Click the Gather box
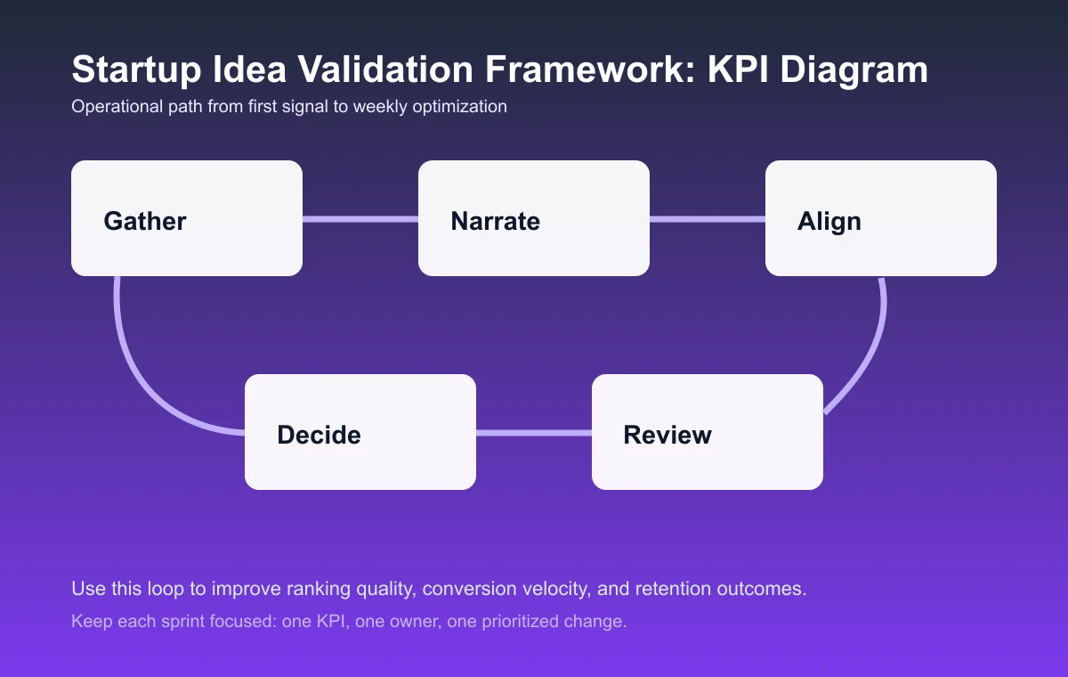pyautogui.click(x=187, y=218)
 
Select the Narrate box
pyautogui.click(x=534, y=218)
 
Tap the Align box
pyautogui.click(x=881, y=218)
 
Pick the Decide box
pyautogui.click(x=360, y=432)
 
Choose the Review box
pyautogui.click(x=708, y=432)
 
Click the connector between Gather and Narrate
pyautogui.click(x=360, y=219)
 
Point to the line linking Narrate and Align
pyautogui.click(x=708, y=219)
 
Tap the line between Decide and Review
pyautogui.click(x=534, y=433)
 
